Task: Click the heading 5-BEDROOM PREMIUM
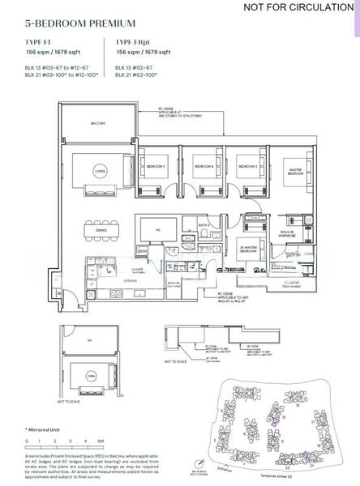[68, 25]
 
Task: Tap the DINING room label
[101, 230]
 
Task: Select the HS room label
[157, 228]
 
